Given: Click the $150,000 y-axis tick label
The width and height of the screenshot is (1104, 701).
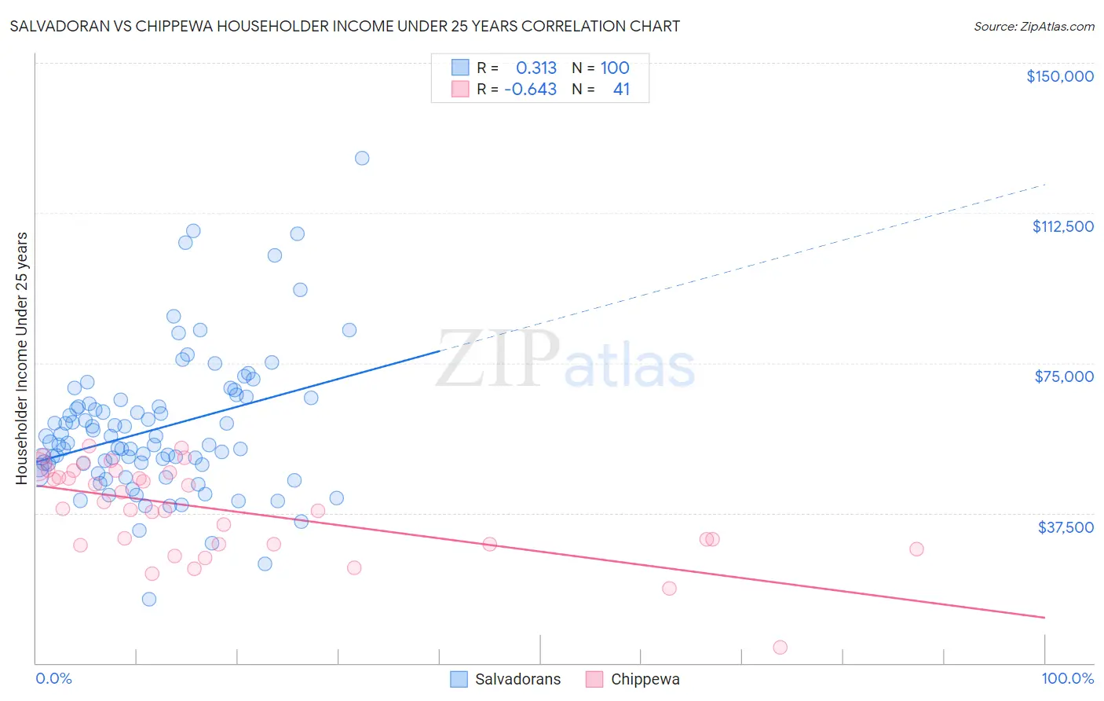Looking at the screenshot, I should tap(1059, 76).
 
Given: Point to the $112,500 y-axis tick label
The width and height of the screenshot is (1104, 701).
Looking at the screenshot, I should tap(1062, 226).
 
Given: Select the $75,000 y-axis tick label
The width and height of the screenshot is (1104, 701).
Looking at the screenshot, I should tap(1064, 376).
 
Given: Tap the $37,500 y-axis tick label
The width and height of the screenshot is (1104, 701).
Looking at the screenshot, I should tap(1066, 527).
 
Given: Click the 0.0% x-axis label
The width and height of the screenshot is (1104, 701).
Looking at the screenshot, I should tap(53, 679).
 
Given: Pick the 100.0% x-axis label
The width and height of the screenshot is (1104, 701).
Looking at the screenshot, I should tap(1067, 679).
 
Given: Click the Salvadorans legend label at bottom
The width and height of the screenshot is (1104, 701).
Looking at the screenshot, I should tap(517, 680).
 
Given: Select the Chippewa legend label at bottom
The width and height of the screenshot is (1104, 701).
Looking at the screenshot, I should tap(645, 680).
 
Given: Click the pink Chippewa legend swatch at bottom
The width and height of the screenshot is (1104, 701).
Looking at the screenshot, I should tap(594, 680).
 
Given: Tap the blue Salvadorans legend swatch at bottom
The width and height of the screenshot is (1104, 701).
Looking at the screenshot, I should tap(459, 680).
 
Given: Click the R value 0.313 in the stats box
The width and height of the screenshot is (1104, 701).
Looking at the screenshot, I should tap(536, 68).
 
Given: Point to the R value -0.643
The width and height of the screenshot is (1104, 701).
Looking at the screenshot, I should tap(530, 90).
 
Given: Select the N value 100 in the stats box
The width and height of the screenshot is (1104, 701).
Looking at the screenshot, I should tap(615, 68).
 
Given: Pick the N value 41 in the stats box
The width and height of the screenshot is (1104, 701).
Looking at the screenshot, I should tap(621, 90).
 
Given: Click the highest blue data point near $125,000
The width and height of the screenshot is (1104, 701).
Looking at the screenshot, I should tap(362, 158).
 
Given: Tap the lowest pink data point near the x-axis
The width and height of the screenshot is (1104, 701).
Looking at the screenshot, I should tap(780, 648).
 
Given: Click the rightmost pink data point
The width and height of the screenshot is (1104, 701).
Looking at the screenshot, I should tap(916, 549).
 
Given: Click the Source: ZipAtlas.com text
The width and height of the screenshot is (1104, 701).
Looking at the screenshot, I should tap(1033, 27).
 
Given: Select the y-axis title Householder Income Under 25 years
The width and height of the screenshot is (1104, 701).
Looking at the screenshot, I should tap(22, 358).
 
